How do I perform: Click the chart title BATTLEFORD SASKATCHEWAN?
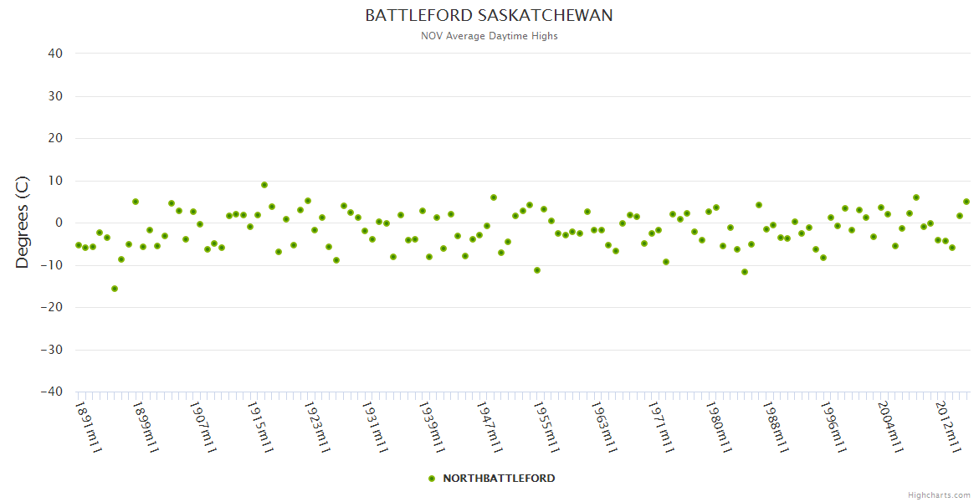point(489,16)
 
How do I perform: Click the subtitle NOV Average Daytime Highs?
point(489,36)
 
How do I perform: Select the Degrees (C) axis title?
point(23,223)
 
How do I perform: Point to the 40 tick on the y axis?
point(55,54)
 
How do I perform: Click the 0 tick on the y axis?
point(59,223)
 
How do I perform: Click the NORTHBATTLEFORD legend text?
point(499,479)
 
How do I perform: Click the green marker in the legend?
point(432,479)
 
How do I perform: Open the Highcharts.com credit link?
point(939,495)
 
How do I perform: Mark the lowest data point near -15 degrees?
point(115,289)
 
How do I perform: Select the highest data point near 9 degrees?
point(264,185)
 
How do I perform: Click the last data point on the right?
point(966,202)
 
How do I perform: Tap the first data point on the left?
point(79,245)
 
